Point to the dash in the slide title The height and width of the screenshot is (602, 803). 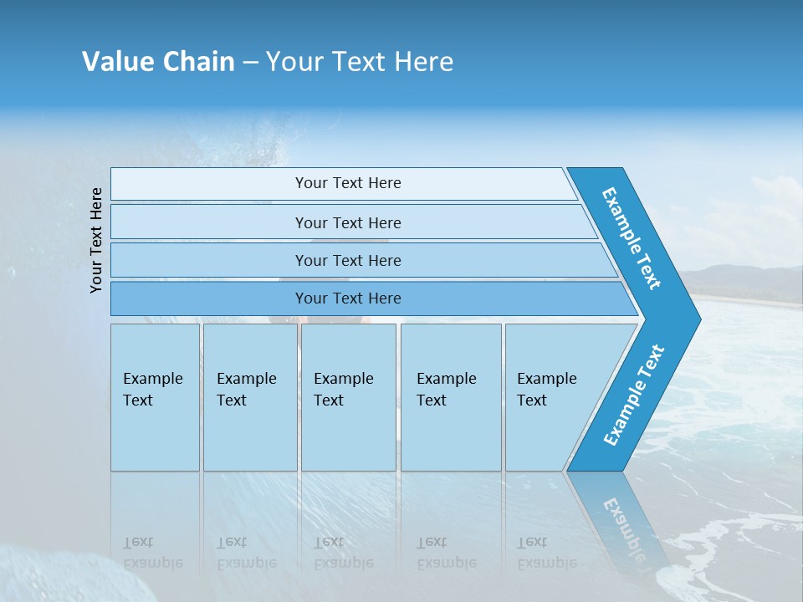pyautogui.click(x=250, y=63)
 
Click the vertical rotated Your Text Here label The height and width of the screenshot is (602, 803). pyautogui.click(x=96, y=240)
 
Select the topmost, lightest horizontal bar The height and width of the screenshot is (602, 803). pyautogui.click(x=343, y=183)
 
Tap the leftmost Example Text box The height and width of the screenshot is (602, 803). pyautogui.click(x=155, y=396)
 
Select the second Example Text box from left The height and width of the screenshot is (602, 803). pyautogui.click(x=249, y=396)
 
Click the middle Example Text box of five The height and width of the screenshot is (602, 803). pyautogui.click(x=348, y=396)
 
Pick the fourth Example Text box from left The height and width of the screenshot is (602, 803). pyautogui.click(x=450, y=396)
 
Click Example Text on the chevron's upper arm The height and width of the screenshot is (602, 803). pyautogui.click(x=632, y=238)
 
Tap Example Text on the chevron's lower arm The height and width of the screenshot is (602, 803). pyautogui.click(x=634, y=395)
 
